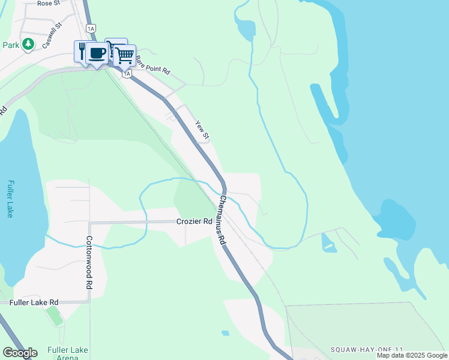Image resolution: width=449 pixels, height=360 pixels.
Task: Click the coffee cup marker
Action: (97, 53)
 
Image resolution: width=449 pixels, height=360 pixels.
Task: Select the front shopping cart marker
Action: (124, 56)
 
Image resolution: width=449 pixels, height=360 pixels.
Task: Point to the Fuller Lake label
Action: (10, 199)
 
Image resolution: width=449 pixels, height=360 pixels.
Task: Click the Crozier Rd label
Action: (194, 221)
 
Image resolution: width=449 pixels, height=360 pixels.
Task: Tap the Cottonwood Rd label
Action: (89, 262)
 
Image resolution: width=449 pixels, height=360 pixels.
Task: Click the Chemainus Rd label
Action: (222, 219)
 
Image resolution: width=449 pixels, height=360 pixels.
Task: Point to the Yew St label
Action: (202, 131)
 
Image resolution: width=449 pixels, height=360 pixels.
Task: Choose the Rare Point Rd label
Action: (152, 65)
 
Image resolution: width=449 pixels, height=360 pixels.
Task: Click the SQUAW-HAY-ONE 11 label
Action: (365, 349)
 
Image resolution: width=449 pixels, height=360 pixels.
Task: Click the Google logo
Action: (20, 352)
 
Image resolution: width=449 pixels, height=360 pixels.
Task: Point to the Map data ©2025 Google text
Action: (412, 355)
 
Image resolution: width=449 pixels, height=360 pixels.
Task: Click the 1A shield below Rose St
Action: (91, 28)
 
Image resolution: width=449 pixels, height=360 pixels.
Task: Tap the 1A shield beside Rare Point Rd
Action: (127, 73)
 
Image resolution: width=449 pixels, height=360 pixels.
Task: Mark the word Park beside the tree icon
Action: (11, 44)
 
